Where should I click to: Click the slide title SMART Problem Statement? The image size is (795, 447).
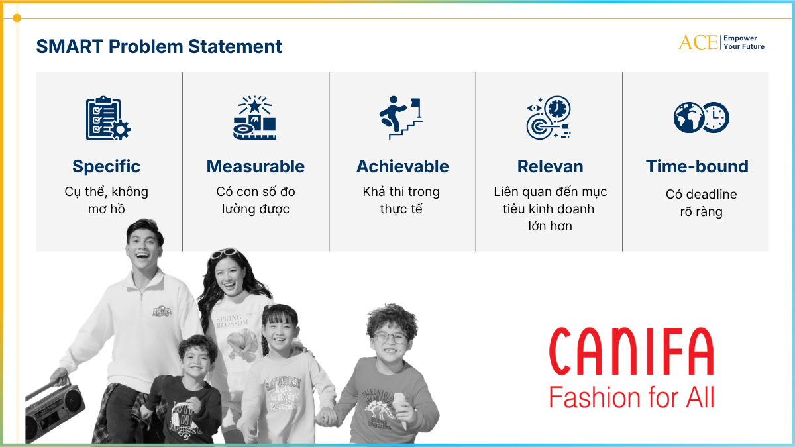159,47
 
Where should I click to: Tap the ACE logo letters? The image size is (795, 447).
698,42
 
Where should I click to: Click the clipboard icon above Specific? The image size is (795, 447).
108,118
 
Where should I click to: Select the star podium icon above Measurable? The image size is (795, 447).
255,117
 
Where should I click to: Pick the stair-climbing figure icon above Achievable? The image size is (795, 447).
401,117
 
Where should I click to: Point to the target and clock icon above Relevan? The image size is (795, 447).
549,117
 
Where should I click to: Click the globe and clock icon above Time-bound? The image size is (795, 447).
702,117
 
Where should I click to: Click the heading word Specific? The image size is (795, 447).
106,167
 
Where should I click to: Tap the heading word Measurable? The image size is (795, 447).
256,166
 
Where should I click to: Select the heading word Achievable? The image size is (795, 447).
403,166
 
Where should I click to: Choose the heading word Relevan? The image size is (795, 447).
550,166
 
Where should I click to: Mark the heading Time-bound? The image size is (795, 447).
697,166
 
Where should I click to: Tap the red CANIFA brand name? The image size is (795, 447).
631,352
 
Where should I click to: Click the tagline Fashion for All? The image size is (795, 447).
632,397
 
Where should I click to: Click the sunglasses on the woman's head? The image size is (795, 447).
225,253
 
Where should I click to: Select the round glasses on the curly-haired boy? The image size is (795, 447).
390,338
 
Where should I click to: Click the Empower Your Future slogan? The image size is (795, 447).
744,42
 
